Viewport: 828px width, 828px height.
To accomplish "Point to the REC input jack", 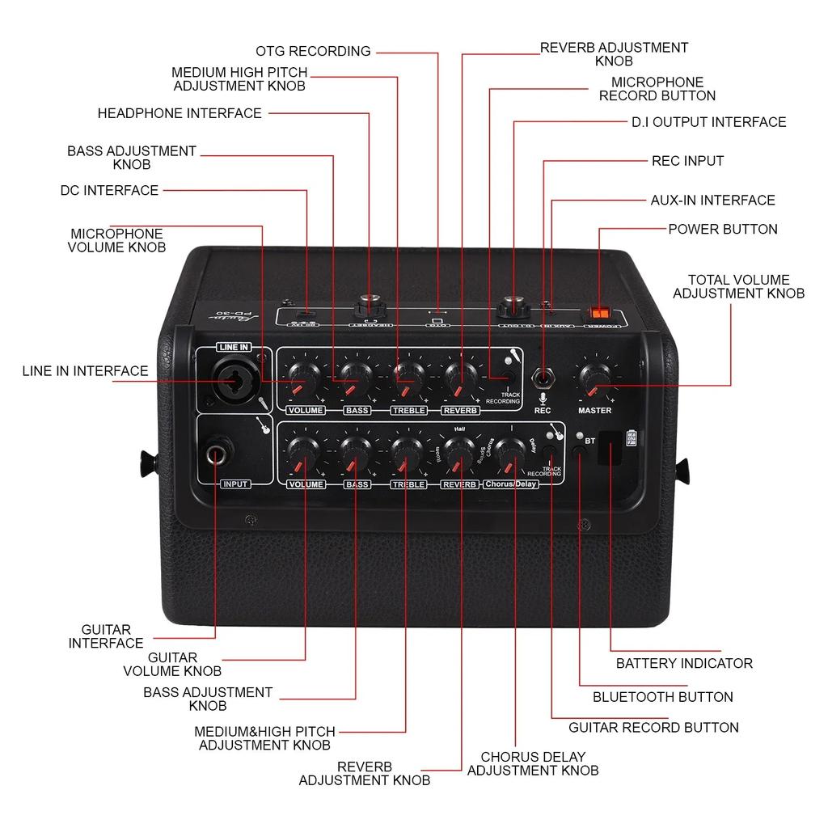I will click(543, 378).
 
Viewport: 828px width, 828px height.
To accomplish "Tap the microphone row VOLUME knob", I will click(305, 374).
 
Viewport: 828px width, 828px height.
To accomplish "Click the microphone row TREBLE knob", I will click(408, 374).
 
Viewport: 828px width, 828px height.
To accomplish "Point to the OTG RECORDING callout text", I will click(313, 51).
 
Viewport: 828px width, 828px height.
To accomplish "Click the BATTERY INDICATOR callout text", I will click(684, 663).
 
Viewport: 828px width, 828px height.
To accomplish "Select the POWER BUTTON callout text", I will click(722, 229).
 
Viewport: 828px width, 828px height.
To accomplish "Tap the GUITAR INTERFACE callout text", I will click(106, 636).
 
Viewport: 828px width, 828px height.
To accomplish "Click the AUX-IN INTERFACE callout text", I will click(712, 200).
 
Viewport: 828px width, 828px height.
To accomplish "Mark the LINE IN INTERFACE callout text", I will click(85, 371).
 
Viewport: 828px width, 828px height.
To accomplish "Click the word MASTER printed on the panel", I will click(594, 411).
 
